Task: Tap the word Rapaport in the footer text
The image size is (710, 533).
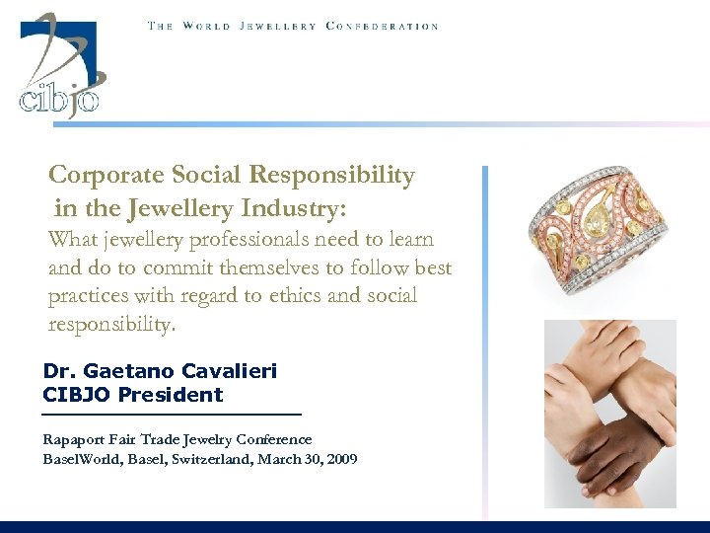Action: click(x=74, y=439)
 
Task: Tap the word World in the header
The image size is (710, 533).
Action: click(x=205, y=26)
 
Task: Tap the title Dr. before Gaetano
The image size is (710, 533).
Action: click(x=58, y=371)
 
